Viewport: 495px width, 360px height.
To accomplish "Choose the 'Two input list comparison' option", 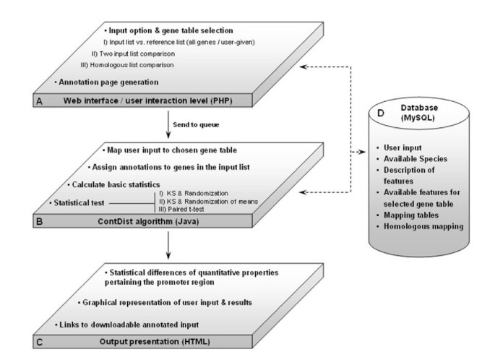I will (132, 54).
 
